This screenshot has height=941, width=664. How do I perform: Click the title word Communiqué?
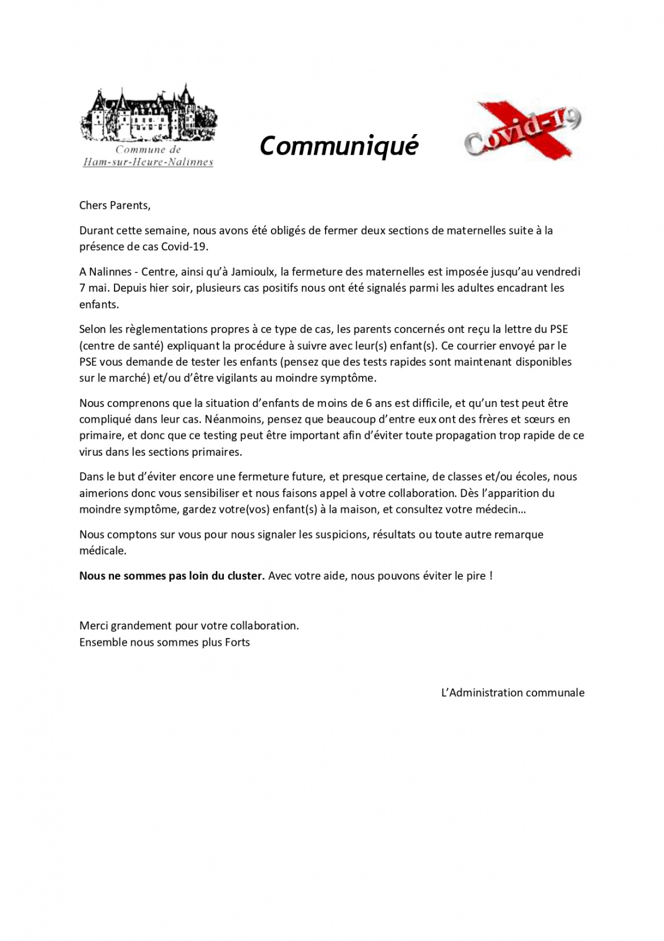pos(338,146)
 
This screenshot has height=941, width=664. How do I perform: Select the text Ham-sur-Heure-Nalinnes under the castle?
pos(148,162)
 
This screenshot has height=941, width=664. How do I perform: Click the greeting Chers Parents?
pos(115,205)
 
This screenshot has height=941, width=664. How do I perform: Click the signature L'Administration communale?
pos(512,692)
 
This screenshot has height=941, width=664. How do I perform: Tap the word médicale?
pos(103,551)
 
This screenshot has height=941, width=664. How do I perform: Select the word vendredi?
pos(558,272)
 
